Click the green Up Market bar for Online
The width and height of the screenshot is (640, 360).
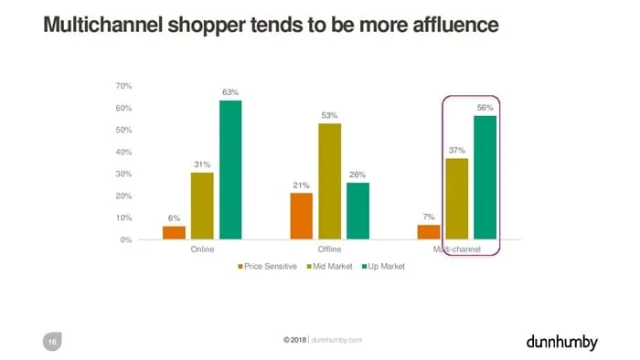pyautogui.click(x=230, y=170)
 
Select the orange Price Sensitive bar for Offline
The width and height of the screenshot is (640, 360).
pyautogui.click(x=302, y=216)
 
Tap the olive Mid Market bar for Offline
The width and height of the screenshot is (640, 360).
pyautogui.click(x=330, y=182)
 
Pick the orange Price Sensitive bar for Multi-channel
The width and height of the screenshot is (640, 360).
pyautogui.click(x=429, y=232)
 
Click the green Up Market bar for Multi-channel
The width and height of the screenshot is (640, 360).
pyautogui.click(x=485, y=177)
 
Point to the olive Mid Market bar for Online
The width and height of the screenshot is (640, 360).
pyautogui.click(x=202, y=206)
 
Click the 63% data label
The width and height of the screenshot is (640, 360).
pyautogui.click(x=230, y=92)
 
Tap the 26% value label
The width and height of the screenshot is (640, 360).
pyautogui.click(x=357, y=175)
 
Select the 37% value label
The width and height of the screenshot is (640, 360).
pyautogui.click(x=457, y=151)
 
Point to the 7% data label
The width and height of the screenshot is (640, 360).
pyautogui.click(x=429, y=217)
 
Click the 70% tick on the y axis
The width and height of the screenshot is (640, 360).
pyautogui.click(x=123, y=86)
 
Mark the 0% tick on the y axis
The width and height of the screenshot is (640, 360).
pyautogui.click(x=126, y=240)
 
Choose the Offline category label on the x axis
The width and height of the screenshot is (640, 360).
pyautogui.click(x=329, y=249)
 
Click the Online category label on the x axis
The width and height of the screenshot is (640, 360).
pyautogui.click(x=202, y=249)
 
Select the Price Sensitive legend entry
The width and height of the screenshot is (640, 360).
pyautogui.click(x=267, y=266)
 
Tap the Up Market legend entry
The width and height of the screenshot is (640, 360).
pyautogui.click(x=383, y=266)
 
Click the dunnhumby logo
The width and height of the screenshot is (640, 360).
pyautogui.click(x=562, y=343)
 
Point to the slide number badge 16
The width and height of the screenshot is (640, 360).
pyautogui.click(x=52, y=342)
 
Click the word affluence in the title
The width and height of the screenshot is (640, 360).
pyautogui.click(x=456, y=25)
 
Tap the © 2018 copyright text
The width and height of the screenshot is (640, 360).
pyautogui.click(x=294, y=340)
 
